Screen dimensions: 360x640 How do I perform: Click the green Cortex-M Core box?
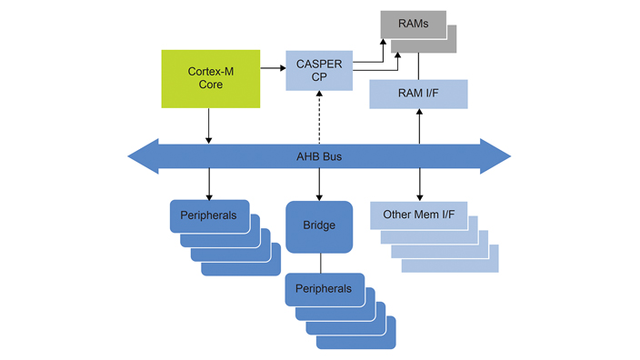(210, 78)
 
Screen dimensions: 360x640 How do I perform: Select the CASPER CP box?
(318, 70)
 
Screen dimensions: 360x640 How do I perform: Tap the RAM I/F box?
(418, 95)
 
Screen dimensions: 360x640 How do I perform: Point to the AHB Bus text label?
(318, 156)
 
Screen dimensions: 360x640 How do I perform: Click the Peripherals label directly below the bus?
(209, 215)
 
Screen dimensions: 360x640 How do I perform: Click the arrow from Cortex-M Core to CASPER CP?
(272, 67)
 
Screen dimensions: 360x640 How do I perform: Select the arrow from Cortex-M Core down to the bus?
(210, 125)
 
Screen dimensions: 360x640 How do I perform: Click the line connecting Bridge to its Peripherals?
(319, 263)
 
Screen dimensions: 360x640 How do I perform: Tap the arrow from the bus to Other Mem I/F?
(419, 185)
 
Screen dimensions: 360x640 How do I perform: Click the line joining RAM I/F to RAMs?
(419, 65)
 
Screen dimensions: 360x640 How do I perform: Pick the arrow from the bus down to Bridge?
(318, 186)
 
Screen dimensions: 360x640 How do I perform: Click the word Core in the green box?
(210, 85)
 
